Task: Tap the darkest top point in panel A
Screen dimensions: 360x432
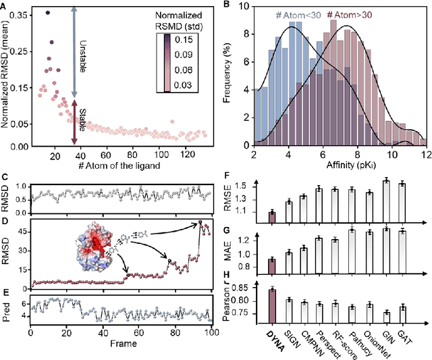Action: coord(47,13)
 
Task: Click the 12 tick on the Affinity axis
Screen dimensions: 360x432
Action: coord(425,155)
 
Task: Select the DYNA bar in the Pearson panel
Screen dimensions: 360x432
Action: coord(272,303)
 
